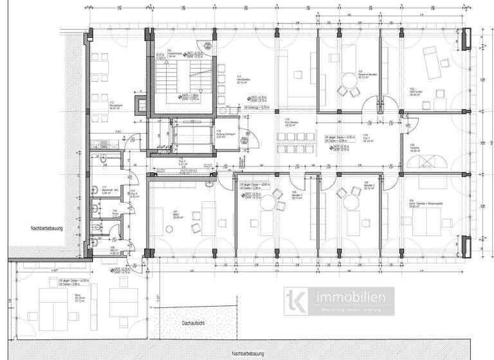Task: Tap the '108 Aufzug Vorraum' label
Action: click(x=221, y=134)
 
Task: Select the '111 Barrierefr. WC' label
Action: click(x=107, y=190)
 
